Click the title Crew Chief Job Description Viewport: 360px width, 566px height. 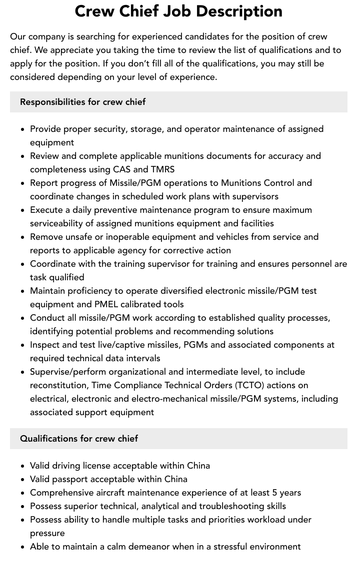(x=178, y=11)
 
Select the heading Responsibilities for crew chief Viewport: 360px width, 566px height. (x=82, y=102)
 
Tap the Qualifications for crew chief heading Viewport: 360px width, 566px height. (x=79, y=439)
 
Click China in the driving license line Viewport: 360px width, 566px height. (x=198, y=466)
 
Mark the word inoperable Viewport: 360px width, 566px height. (x=120, y=237)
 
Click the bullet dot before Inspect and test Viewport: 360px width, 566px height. (x=23, y=345)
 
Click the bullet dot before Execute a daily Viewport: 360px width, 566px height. (x=23, y=210)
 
